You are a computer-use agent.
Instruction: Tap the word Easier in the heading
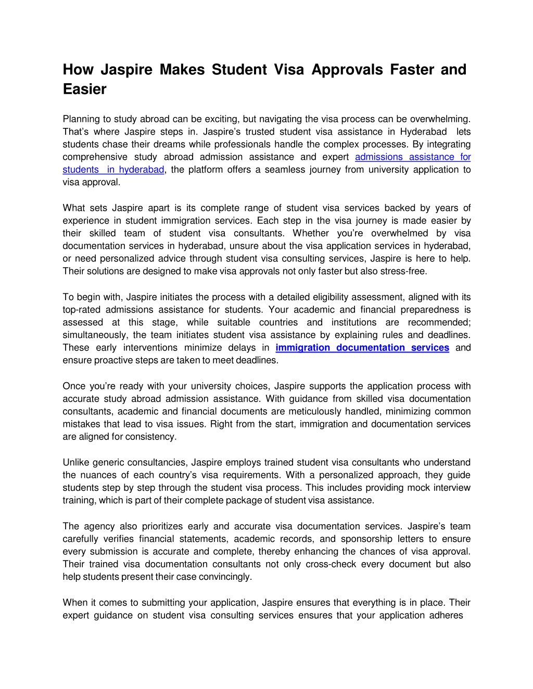84,89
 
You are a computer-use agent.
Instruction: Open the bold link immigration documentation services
362,348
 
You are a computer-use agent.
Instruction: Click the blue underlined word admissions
379,157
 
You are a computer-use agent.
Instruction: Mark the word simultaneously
95,335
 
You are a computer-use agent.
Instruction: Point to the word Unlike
75,462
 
